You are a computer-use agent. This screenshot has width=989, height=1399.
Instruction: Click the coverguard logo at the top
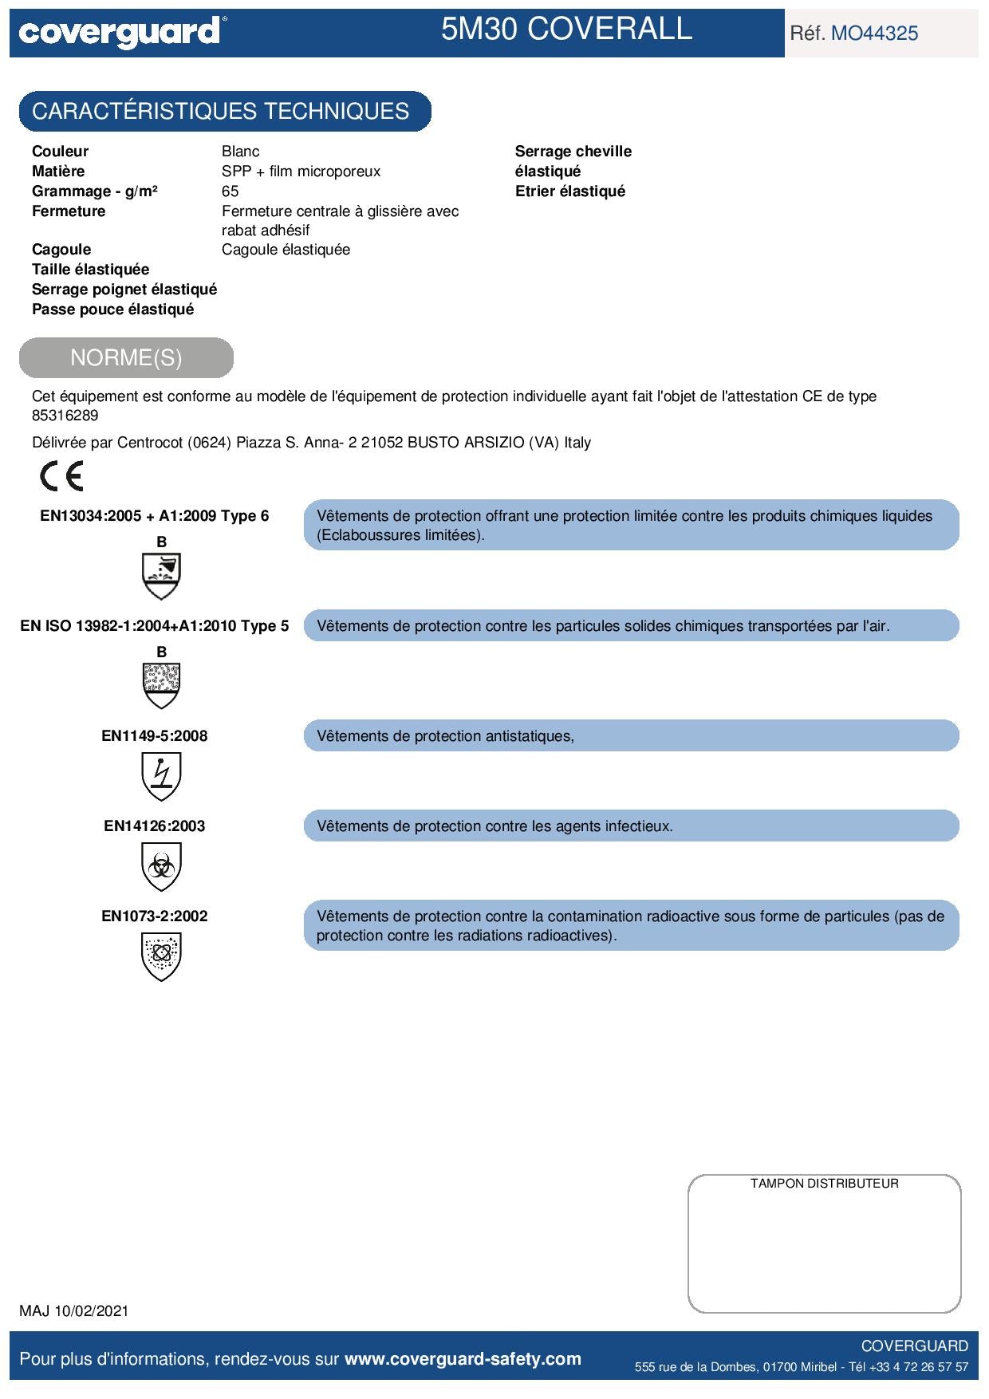[120, 33]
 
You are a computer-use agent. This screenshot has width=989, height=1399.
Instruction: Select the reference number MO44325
[874, 33]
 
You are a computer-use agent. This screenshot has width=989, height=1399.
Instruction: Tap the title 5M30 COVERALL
[566, 30]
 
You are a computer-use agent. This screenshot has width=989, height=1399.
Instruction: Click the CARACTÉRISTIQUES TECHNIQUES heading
[221, 111]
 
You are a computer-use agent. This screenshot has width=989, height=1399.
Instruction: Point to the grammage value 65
[230, 191]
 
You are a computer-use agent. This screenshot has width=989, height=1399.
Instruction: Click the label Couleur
[60, 152]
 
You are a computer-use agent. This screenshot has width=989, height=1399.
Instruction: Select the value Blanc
[240, 152]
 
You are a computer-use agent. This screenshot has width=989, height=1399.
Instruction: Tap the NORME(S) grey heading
[126, 357]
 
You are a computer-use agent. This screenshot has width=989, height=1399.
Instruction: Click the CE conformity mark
[61, 476]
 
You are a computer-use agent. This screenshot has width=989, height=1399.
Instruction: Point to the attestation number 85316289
[65, 416]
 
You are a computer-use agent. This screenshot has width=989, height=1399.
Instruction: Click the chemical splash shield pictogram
[160, 576]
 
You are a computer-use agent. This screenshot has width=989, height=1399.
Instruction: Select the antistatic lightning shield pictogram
[160, 777]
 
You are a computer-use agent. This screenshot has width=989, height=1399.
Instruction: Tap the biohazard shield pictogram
[160, 867]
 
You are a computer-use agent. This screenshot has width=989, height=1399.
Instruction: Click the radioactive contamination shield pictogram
[160, 957]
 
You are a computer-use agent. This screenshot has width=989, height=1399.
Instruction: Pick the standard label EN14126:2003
[155, 826]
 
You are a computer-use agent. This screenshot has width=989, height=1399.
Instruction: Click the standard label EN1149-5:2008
[155, 736]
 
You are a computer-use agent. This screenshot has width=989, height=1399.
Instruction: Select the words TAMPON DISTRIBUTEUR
[824, 1184]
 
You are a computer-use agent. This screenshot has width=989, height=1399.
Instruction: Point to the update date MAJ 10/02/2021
[74, 1310]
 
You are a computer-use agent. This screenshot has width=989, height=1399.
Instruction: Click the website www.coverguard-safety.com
[463, 1359]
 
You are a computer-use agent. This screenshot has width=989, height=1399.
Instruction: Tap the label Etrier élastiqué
[570, 191]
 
